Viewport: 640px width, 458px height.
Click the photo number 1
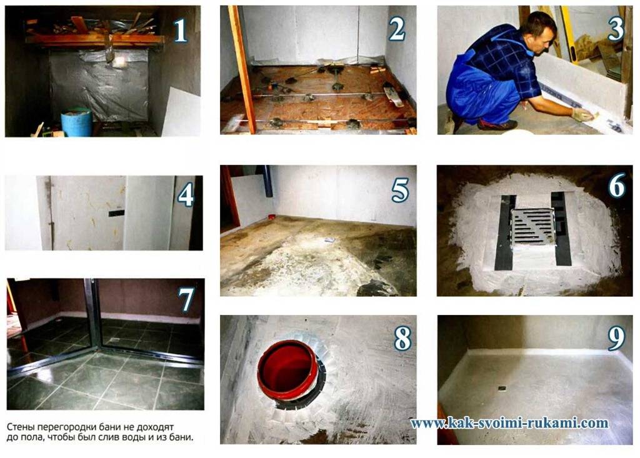(181, 31)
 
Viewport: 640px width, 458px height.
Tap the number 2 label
(397, 29)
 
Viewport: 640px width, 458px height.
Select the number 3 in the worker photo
(616, 29)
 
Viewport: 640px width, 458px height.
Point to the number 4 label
(186, 195)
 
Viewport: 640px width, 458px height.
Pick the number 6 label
(617, 186)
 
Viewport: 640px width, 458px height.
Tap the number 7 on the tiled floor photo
(186, 299)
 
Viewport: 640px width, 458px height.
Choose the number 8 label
(402, 338)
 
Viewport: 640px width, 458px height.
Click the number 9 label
(616, 339)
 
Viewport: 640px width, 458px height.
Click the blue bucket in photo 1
(77, 122)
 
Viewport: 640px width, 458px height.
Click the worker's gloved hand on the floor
(582, 115)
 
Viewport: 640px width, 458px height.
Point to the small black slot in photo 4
(116, 214)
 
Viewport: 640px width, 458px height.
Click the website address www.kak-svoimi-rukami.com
(509, 423)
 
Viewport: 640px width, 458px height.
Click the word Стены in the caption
(20, 427)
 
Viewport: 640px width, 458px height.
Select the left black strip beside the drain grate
(505, 232)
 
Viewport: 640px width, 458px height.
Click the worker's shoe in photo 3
(497, 124)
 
